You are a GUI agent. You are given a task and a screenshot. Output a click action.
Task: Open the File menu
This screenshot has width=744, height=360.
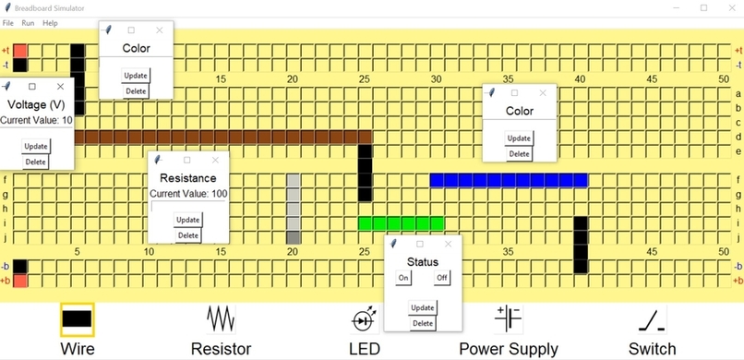point(7,22)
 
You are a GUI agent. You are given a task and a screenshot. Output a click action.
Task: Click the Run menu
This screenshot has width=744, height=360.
point(28,22)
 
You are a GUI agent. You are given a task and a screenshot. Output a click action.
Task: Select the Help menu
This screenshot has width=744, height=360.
point(50,22)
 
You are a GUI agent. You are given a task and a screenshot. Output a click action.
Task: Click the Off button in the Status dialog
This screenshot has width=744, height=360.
point(442,278)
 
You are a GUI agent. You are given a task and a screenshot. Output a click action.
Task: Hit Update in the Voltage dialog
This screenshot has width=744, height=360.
point(36,146)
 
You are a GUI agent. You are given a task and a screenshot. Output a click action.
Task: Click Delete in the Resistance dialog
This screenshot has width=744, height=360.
point(187,235)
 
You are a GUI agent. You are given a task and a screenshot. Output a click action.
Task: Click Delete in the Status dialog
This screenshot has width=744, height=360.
point(423,323)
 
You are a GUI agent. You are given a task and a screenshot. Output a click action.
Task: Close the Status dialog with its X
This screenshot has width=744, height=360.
point(449,244)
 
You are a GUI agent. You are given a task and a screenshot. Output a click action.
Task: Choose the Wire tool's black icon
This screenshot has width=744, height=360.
point(78,319)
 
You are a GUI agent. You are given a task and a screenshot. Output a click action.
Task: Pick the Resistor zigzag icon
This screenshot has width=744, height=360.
point(221,319)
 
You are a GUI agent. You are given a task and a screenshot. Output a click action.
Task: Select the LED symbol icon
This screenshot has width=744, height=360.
point(365,319)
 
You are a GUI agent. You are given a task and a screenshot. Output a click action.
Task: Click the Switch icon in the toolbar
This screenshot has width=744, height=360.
point(653,319)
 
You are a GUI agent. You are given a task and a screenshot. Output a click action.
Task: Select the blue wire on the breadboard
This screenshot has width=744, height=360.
point(509,180)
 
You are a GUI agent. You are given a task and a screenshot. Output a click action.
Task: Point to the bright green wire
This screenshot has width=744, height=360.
point(401,223)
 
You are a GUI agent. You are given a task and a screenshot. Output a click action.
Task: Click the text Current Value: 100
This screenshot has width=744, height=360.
point(188,194)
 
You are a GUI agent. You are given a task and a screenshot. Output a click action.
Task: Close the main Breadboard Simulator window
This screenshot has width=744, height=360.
point(729,7)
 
